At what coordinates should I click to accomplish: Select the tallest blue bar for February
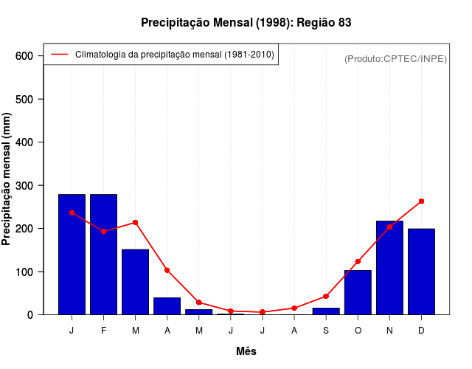[103, 254]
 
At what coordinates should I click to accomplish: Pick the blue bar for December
[421, 272]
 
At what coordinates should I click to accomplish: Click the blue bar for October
[358, 292]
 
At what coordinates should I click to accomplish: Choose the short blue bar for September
[326, 311]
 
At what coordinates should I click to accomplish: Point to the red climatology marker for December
[421, 201]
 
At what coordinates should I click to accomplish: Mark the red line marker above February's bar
[103, 231]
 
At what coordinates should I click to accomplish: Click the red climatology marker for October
[358, 261]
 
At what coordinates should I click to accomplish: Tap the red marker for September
[326, 296]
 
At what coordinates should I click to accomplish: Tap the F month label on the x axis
[103, 331]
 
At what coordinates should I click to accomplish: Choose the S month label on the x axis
[326, 331]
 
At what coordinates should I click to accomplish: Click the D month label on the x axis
[421, 331]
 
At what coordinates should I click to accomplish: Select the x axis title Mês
[246, 352]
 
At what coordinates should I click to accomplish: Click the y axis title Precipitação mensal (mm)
[7, 179]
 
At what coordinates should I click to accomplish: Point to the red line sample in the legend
[60, 54]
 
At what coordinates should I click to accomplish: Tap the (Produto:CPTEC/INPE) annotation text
[395, 58]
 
